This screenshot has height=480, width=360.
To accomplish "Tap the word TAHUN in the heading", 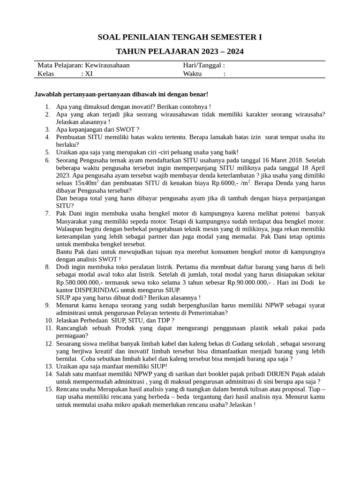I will coord(130,51).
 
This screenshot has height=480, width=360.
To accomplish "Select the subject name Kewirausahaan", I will coord(107,66).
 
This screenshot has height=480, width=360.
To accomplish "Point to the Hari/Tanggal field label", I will coord(203,66).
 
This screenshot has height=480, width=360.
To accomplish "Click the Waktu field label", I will coord(192,74).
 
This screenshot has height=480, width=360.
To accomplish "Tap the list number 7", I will coord(47,213).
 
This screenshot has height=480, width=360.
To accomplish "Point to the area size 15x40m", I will coord(85,183).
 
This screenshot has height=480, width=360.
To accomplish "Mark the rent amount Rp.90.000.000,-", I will coord(250,283).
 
